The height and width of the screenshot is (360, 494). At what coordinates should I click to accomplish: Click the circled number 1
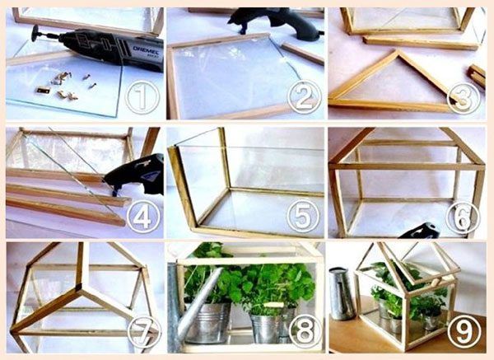point(142,97)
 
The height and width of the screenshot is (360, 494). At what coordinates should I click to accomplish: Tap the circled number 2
point(304,96)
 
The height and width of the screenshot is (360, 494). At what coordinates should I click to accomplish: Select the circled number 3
point(464,97)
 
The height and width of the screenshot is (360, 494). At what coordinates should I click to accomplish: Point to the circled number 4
point(143,217)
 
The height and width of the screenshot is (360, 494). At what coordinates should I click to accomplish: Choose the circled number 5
point(303,216)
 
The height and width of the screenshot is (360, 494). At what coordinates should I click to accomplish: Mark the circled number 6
point(463,217)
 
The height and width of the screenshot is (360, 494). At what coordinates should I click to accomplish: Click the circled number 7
point(144,331)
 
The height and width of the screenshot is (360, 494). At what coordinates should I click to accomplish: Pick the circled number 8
point(305,330)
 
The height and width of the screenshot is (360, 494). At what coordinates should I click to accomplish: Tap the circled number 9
point(464,331)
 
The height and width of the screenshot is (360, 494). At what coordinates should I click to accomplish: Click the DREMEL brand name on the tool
point(146,50)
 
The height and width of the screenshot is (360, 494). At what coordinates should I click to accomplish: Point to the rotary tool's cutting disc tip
point(34,33)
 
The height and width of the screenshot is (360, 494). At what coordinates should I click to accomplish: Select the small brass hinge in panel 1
point(43,91)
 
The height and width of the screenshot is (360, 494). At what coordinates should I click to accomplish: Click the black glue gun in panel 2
point(275,24)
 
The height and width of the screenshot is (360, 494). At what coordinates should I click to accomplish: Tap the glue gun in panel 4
point(135,175)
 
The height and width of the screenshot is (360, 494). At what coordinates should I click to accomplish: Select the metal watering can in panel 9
point(341,293)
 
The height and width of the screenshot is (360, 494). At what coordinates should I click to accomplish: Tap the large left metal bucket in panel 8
point(207,323)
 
